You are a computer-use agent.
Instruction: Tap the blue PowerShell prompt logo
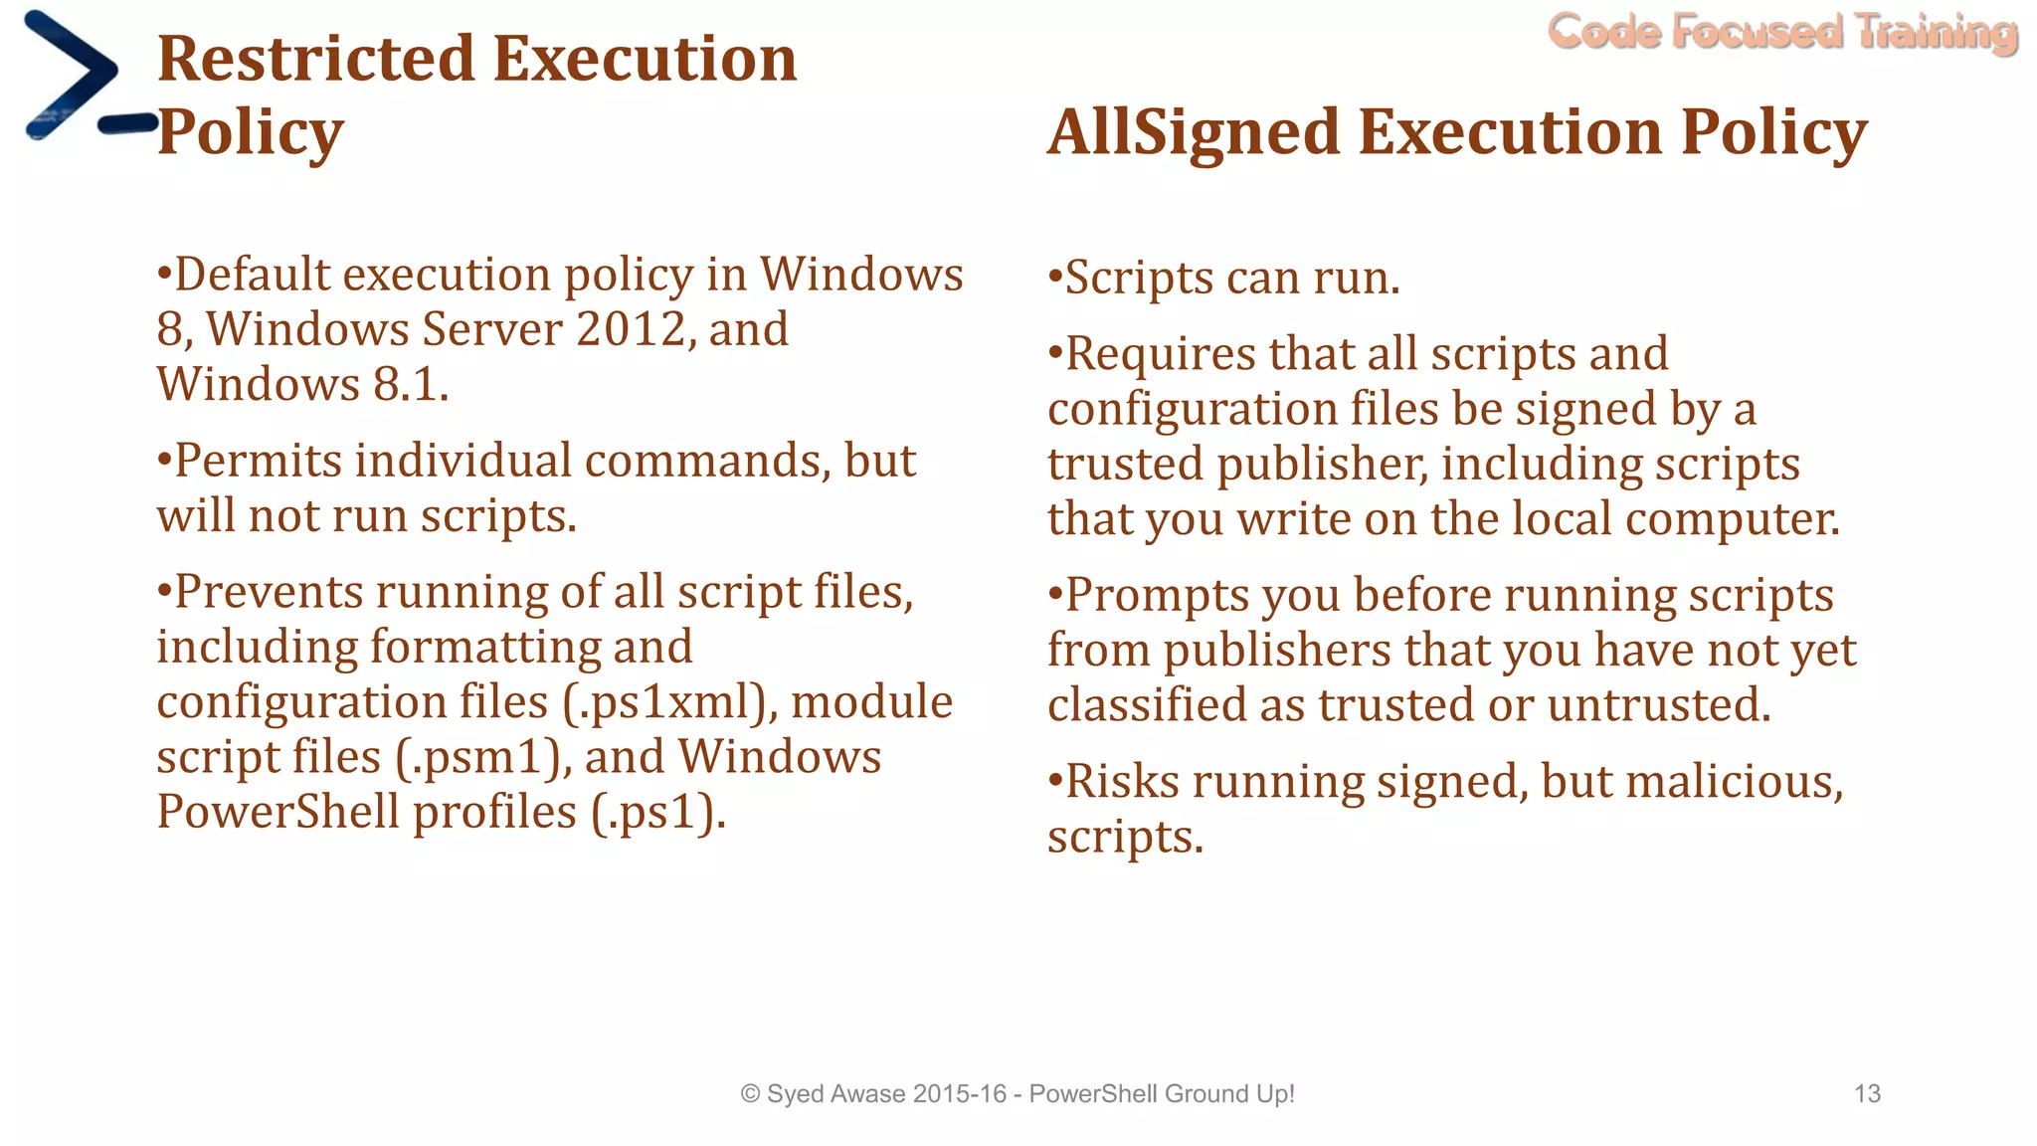click(80, 78)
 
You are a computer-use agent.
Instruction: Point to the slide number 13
click(1867, 1094)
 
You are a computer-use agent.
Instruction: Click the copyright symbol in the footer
click(751, 1094)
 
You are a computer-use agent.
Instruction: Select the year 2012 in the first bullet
click(632, 329)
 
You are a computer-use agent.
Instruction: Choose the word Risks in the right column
click(1123, 781)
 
